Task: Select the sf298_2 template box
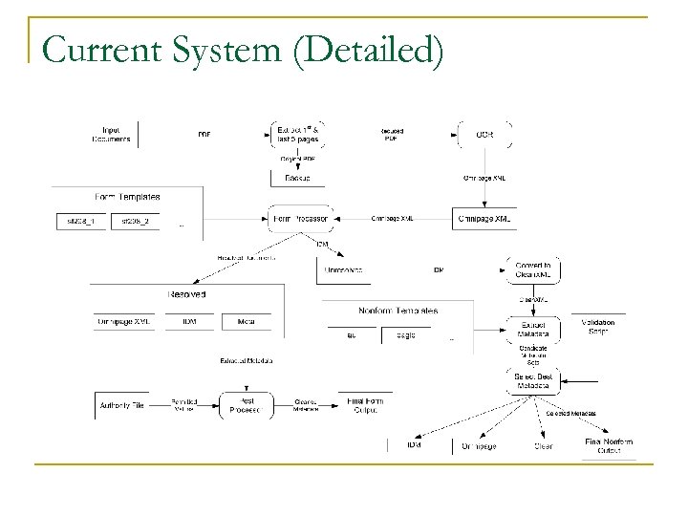tap(135, 222)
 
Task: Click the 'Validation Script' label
tap(598, 327)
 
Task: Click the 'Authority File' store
tap(122, 406)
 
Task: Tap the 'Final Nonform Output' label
tap(609, 445)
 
